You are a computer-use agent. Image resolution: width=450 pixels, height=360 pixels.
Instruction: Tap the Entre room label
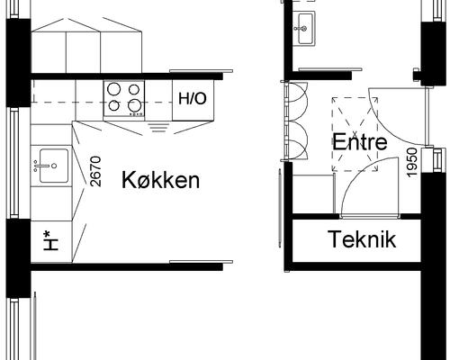tap(359, 142)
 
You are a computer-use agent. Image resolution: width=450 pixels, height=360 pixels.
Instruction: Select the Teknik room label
tap(362, 240)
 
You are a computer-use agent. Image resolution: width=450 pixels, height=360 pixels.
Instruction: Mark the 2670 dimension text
tap(96, 170)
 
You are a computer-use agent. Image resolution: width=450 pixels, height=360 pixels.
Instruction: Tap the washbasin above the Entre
tap(304, 26)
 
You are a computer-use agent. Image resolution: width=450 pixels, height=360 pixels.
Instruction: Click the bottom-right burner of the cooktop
tap(135, 106)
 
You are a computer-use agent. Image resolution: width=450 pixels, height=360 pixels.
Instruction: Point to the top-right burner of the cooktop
tap(135, 89)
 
